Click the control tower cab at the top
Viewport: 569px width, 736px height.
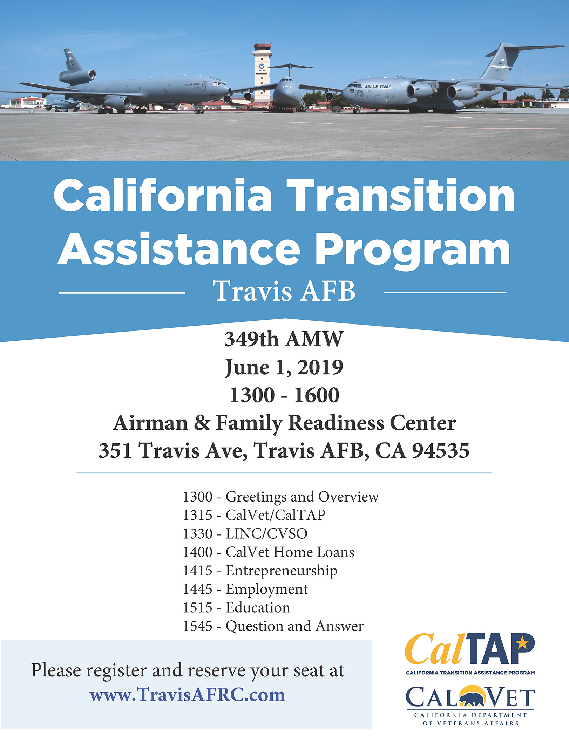pyautogui.click(x=262, y=47)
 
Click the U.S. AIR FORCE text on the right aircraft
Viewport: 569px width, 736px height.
pyautogui.click(x=378, y=86)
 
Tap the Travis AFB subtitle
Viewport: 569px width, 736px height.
pyautogui.click(x=284, y=291)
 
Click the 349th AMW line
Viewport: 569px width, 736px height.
pyautogui.click(x=284, y=339)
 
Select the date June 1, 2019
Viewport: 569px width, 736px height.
pyautogui.click(x=284, y=367)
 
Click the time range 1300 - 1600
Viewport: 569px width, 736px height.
pyautogui.click(x=284, y=395)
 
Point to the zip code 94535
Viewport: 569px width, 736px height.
pyautogui.click(x=440, y=450)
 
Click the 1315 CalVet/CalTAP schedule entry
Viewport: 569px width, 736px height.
pyautogui.click(x=254, y=515)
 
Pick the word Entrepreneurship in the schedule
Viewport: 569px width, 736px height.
pyautogui.click(x=281, y=571)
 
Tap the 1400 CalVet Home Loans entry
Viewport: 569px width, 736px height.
pyautogui.click(x=268, y=552)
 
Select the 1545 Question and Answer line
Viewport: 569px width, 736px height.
pyautogui.click(x=273, y=626)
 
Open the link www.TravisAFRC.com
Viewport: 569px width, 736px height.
pyautogui.click(x=188, y=695)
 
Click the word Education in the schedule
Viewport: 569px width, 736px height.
pyautogui.click(x=258, y=607)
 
